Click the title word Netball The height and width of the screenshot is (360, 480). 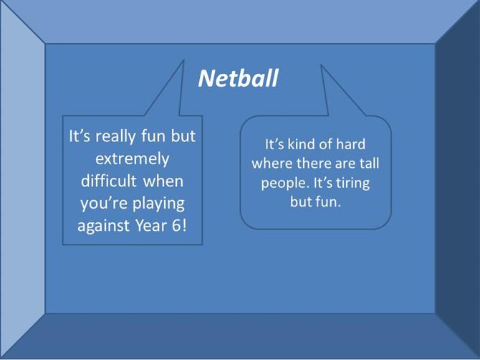pyautogui.click(x=238, y=78)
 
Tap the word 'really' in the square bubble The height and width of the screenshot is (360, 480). pyautogui.click(x=115, y=137)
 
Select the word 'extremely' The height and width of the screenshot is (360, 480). pyautogui.click(x=133, y=159)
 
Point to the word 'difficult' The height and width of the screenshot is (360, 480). pyautogui.click(x=109, y=181)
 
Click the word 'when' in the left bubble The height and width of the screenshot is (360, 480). pyautogui.click(x=163, y=181)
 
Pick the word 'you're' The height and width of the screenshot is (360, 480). pyautogui.click(x=104, y=204)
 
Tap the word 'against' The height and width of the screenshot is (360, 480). pyautogui.click(x=103, y=226)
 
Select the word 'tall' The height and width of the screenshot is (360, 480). pyautogui.click(x=369, y=164)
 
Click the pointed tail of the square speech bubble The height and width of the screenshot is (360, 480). pyautogui.click(x=183, y=61)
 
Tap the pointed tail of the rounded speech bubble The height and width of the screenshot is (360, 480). pyautogui.click(x=321, y=65)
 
